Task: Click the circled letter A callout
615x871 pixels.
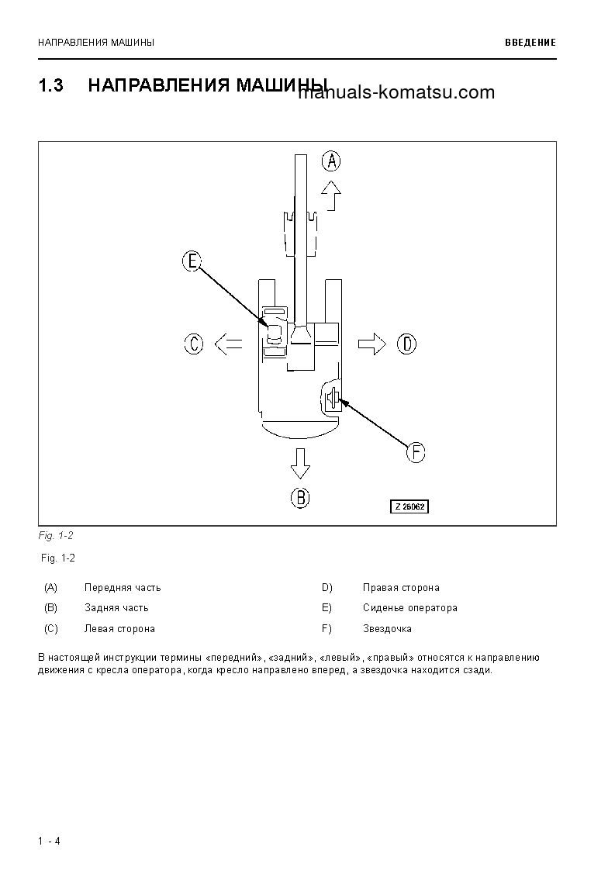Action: point(331,161)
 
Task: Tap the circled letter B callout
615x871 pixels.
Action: point(300,497)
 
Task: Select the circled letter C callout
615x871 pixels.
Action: point(194,343)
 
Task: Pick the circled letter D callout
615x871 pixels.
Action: point(406,343)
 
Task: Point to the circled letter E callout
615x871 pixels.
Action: point(192,261)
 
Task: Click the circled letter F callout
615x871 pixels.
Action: point(416,451)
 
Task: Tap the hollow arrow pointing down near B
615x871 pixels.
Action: point(300,464)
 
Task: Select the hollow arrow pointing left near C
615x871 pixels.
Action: point(227,343)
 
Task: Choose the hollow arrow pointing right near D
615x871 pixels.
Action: point(372,343)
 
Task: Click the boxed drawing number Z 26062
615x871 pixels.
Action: point(409,506)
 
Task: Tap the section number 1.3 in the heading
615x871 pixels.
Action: point(50,85)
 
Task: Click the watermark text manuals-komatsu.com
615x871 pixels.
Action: point(396,93)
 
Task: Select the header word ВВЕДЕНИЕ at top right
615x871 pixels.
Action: point(530,43)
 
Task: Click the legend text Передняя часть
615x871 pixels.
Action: point(123,588)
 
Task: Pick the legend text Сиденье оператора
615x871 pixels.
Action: point(409,608)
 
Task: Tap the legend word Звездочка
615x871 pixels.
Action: point(387,629)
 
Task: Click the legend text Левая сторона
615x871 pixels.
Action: point(119,629)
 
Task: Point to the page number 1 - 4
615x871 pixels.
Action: point(49,841)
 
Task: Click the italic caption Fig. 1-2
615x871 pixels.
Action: point(56,536)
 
